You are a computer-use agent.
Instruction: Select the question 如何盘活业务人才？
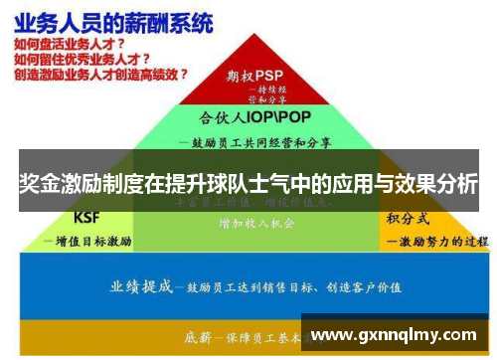tap(70, 45)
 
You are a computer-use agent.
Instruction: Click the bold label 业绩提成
tap(141, 285)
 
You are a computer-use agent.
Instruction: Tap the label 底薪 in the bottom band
tap(196, 336)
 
